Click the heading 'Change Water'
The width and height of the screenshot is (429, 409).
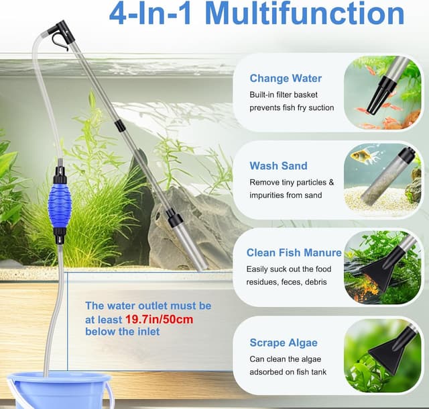(286, 79)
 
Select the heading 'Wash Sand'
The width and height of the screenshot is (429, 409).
(278, 166)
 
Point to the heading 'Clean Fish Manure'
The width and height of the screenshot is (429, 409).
(294, 253)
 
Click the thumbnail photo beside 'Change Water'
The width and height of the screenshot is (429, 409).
(383, 93)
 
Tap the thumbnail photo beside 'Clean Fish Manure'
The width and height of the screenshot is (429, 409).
(383, 267)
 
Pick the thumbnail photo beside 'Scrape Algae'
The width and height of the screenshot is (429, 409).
(383, 355)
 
